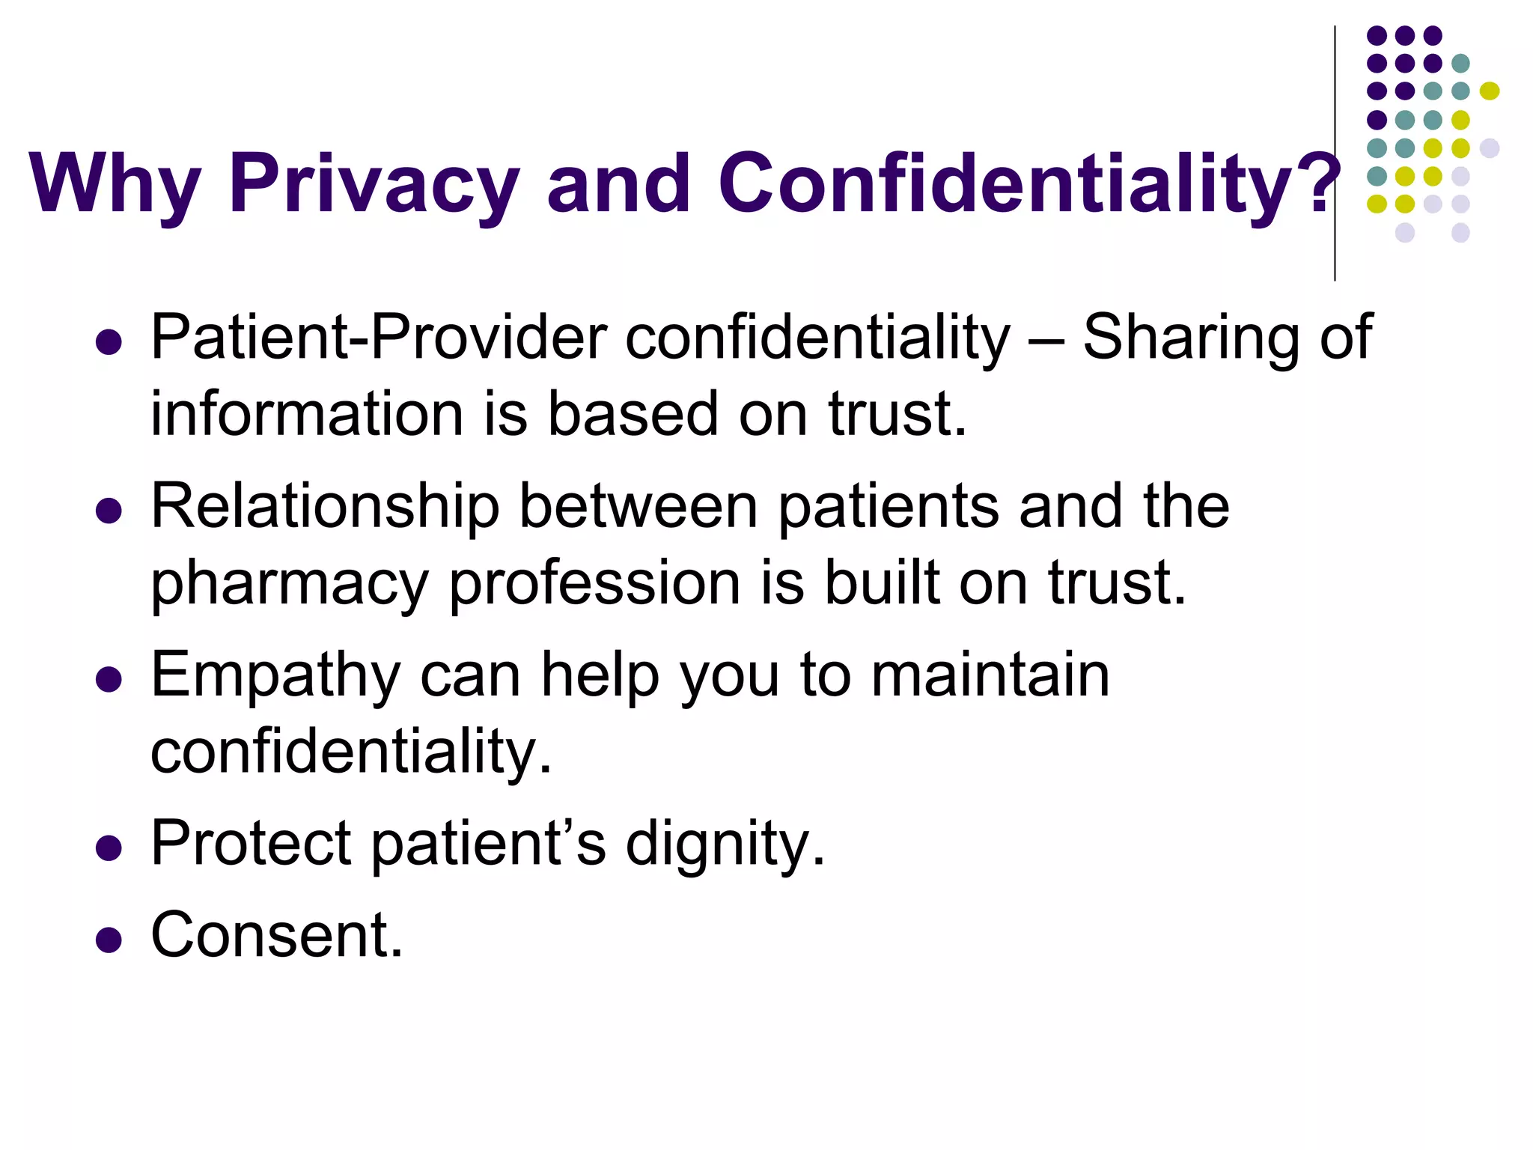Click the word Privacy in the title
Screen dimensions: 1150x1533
pos(374,183)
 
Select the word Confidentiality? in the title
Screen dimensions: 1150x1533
pos(1030,183)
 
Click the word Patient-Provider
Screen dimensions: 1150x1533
pos(378,338)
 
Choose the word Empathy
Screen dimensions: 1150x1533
pos(275,676)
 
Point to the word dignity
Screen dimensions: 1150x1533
pos(725,845)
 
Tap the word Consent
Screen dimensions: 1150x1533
pos(276,935)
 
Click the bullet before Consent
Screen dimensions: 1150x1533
pos(109,940)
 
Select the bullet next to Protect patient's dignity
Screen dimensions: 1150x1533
pos(109,848)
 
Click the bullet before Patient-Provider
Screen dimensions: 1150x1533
pos(109,342)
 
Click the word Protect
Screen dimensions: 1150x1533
pos(251,843)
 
